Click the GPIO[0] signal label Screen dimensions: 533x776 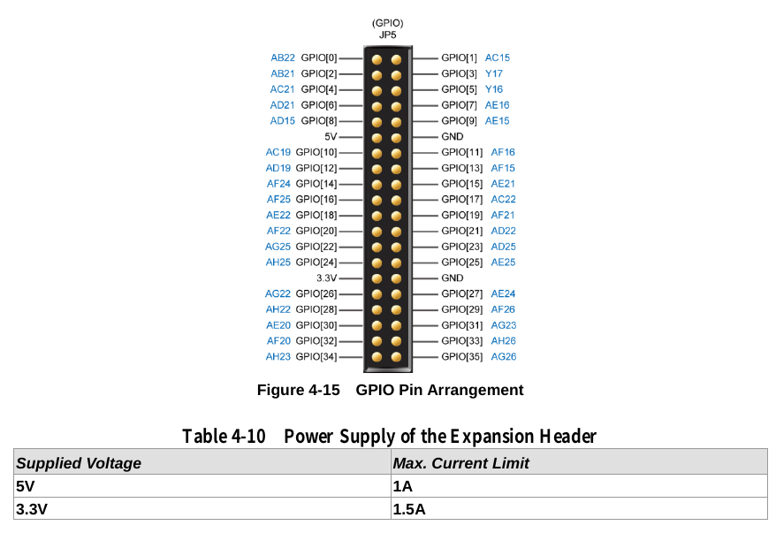[319, 58]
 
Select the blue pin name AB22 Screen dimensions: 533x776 [283, 58]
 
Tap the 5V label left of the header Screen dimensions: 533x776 [331, 137]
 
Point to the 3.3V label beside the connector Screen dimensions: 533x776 [327, 278]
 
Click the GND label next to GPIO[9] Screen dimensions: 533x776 [452, 137]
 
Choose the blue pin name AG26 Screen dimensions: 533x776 [504, 357]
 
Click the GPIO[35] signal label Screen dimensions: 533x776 [461, 357]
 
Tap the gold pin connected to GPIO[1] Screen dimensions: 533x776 [397, 59]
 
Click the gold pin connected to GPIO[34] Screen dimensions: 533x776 [377, 357]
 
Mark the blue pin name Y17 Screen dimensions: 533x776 [493, 74]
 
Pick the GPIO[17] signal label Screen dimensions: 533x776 [461, 200]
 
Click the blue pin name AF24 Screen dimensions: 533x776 [278, 184]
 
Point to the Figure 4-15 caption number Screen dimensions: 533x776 [298, 390]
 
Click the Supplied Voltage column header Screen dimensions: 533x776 [79, 463]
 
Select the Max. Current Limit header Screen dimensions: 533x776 [460, 463]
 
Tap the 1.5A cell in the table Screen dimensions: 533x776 [409, 509]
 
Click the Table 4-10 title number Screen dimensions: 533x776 [224, 437]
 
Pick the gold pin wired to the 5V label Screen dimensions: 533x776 [377, 137]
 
